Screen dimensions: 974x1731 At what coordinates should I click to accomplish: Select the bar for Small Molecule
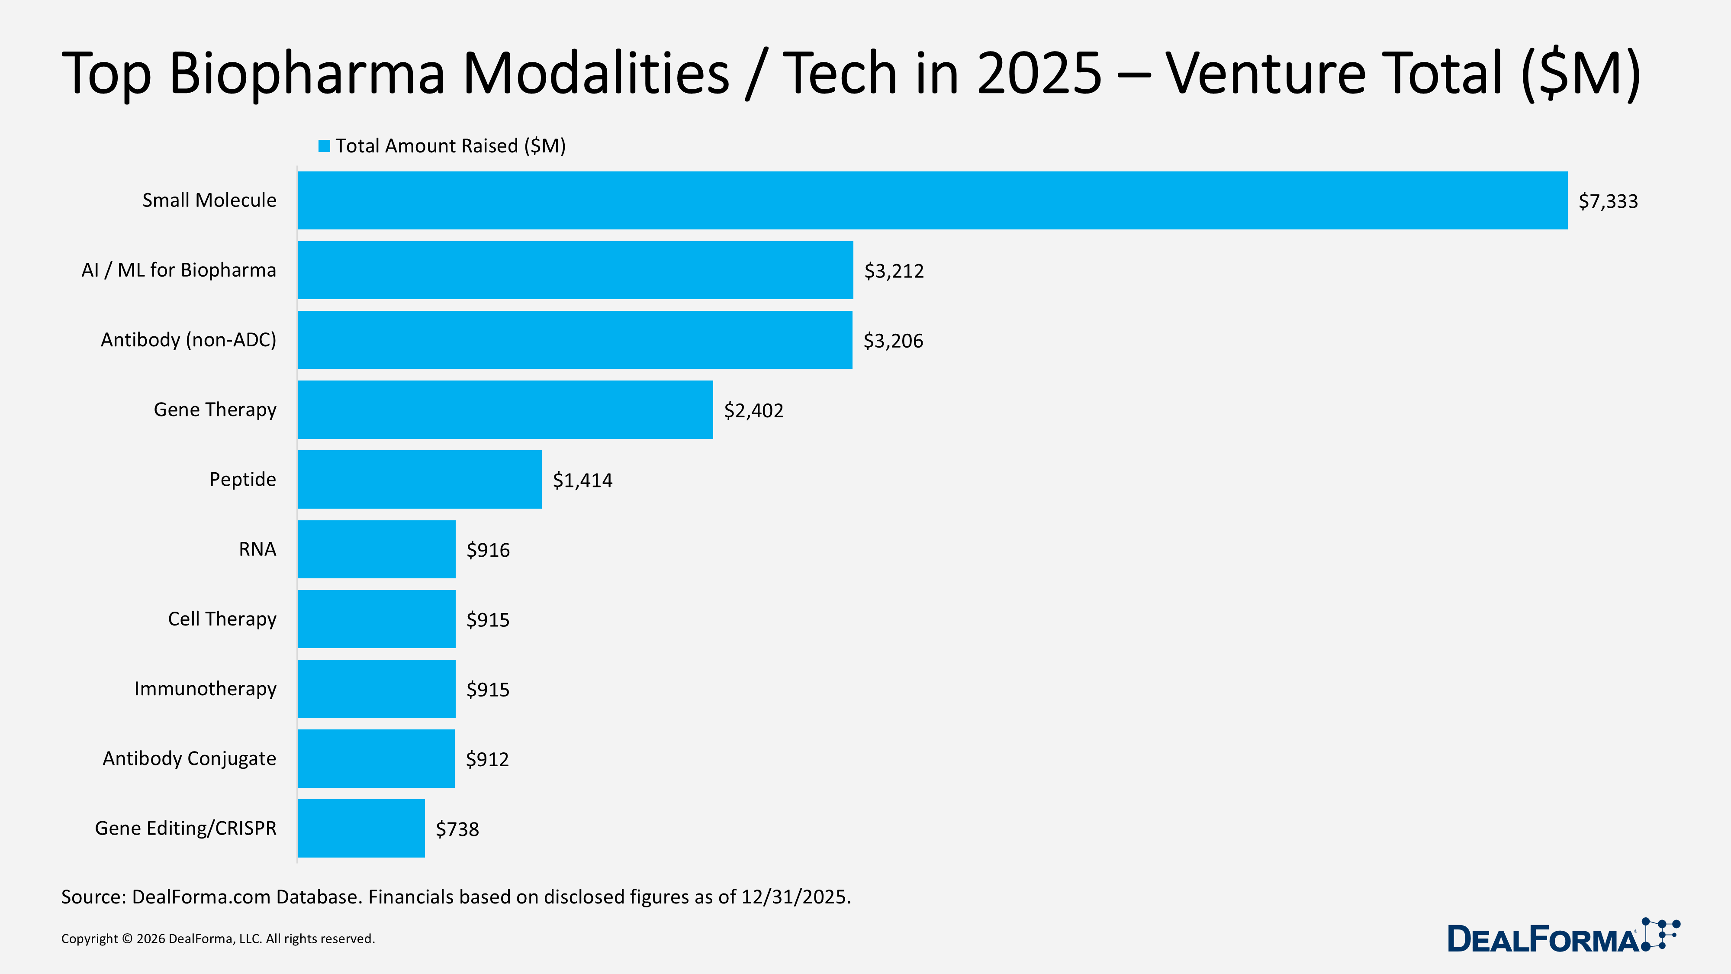pyautogui.click(x=932, y=200)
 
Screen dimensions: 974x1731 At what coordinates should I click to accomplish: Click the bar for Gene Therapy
pyautogui.click(x=505, y=410)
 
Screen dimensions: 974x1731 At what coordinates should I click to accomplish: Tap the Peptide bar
pyautogui.click(x=419, y=479)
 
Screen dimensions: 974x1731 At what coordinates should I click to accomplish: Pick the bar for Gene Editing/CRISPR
pyautogui.click(x=361, y=828)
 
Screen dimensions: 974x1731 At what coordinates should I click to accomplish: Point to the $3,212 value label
pyautogui.click(x=894, y=271)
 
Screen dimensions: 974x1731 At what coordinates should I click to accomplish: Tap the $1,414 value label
pyautogui.click(x=582, y=481)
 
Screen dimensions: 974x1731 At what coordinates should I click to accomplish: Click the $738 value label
pyautogui.click(x=457, y=829)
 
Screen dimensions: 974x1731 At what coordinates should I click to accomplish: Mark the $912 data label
pyautogui.click(x=487, y=759)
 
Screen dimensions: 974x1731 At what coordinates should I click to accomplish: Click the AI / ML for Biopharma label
pyautogui.click(x=179, y=270)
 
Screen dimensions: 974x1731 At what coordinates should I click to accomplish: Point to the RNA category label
pyautogui.click(x=257, y=549)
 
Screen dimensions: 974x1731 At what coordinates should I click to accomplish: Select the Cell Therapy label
pyautogui.click(x=222, y=619)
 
